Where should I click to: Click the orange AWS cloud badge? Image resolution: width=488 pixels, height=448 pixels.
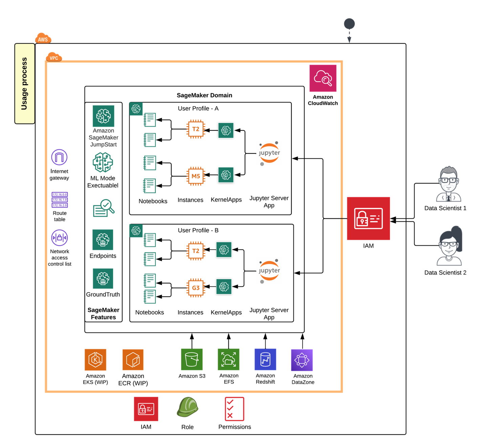(43, 38)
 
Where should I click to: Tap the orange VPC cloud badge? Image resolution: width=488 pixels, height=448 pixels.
(54, 57)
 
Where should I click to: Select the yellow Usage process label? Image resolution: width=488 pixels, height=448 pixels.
(25, 83)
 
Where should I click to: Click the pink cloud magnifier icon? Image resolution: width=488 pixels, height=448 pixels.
(323, 78)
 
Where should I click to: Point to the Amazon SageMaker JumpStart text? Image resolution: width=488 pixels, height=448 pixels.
(104, 137)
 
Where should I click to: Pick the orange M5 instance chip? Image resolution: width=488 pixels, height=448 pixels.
(196, 176)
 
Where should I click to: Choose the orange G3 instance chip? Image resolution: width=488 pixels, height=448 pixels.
(196, 288)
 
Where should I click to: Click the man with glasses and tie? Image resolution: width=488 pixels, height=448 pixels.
(449, 184)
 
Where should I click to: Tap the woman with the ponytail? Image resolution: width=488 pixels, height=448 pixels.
(450, 246)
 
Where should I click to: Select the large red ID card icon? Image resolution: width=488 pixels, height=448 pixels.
(368, 218)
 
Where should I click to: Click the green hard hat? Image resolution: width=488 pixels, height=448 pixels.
(187, 407)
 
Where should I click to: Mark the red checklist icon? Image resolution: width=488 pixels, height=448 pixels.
(235, 409)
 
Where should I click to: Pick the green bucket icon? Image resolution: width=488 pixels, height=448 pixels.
(192, 359)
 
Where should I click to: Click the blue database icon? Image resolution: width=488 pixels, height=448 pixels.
(265, 359)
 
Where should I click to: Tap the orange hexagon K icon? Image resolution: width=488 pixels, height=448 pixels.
(95, 360)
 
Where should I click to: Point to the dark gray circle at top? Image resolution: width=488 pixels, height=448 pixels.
(349, 24)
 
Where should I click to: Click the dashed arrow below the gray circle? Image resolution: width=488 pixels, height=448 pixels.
(349, 37)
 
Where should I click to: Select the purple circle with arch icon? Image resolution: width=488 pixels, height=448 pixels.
(59, 157)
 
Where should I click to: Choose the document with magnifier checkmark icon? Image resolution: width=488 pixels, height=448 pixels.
(104, 208)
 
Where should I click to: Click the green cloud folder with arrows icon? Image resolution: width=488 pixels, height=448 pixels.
(228, 359)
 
